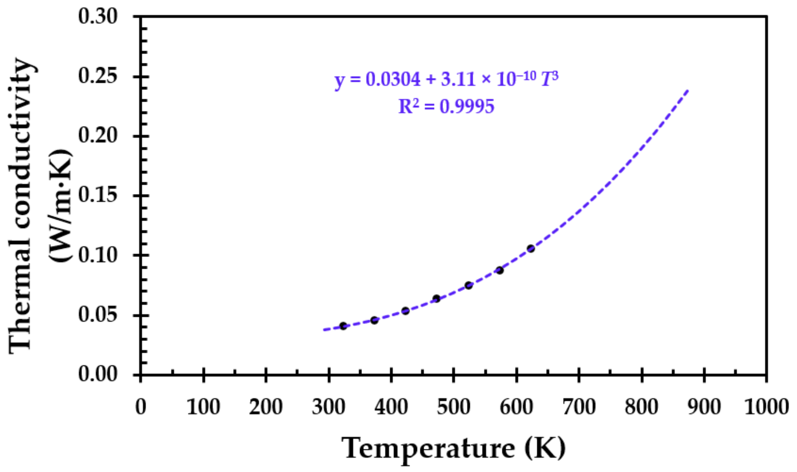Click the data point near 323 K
(x=343, y=326)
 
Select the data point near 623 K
(x=531, y=249)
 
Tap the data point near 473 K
(x=436, y=299)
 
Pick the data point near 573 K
(x=500, y=270)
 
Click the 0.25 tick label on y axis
(x=98, y=76)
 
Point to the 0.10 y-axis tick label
(x=98, y=255)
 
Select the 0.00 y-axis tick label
(x=98, y=374)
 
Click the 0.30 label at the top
(x=98, y=16)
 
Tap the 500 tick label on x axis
(x=453, y=407)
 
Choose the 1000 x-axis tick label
(x=766, y=407)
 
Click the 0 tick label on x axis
(x=141, y=407)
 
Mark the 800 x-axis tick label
(x=641, y=407)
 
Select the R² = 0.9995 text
(x=446, y=107)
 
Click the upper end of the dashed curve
(x=688, y=91)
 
